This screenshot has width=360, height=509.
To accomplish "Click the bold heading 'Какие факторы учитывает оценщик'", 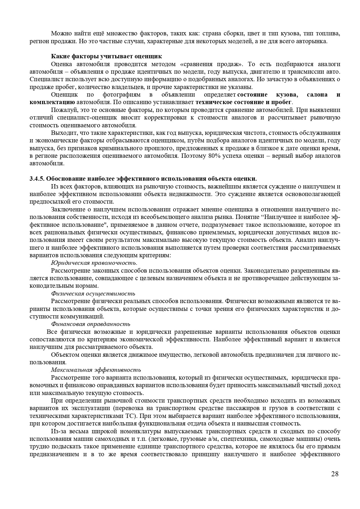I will pos(106,56).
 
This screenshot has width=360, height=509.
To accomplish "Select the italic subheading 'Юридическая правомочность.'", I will pos(94,263).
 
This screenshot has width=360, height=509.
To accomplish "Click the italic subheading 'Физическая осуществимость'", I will pos(93,294).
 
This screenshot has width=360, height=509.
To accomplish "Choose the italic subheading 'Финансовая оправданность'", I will pos(91,324).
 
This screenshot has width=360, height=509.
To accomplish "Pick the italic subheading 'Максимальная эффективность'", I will pos(96,370).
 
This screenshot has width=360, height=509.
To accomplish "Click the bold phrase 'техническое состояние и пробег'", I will pos(244,102).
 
